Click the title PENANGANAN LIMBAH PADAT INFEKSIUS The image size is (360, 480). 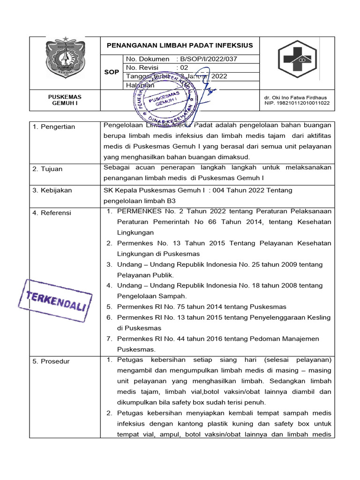[x=180, y=45]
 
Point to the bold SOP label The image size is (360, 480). [x=112, y=72]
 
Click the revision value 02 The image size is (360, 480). [x=181, y=67]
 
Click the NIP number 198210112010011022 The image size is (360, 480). [x=297, y=103]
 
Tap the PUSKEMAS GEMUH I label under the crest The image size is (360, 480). [x=65, y=100]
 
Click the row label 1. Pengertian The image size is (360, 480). [x=54, y=127]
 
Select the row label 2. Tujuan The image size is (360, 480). [x=47, y=169]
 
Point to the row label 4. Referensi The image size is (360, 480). [x=52, y=213]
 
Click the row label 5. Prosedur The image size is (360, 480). [x=51, y=361]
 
